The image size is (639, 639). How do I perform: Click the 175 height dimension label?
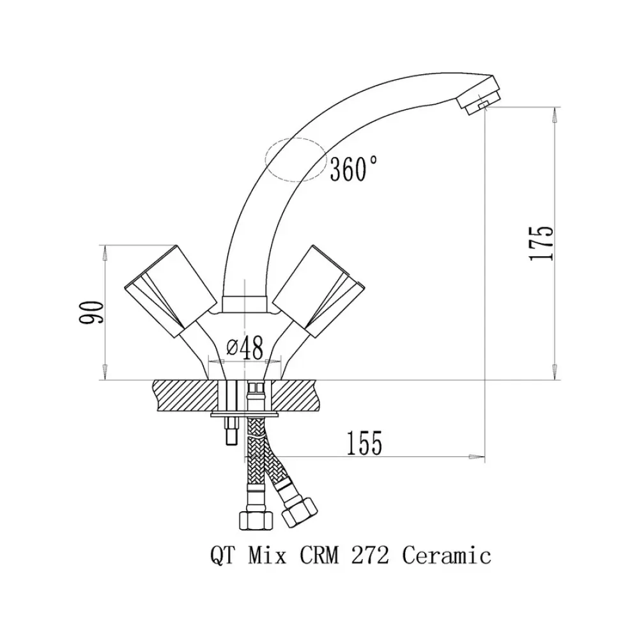pos(541,243)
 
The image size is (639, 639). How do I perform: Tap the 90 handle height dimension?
pos(91,312)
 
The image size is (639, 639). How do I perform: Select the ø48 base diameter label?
pos(245,348)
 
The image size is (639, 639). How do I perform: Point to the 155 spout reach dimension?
pos(364,443)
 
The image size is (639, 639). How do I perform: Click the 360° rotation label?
pos(353,169)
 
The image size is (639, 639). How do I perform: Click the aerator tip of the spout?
pos(479,95)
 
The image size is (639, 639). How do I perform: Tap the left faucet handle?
pos(171,291)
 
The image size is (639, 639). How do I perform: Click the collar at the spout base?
pos(244,304)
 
